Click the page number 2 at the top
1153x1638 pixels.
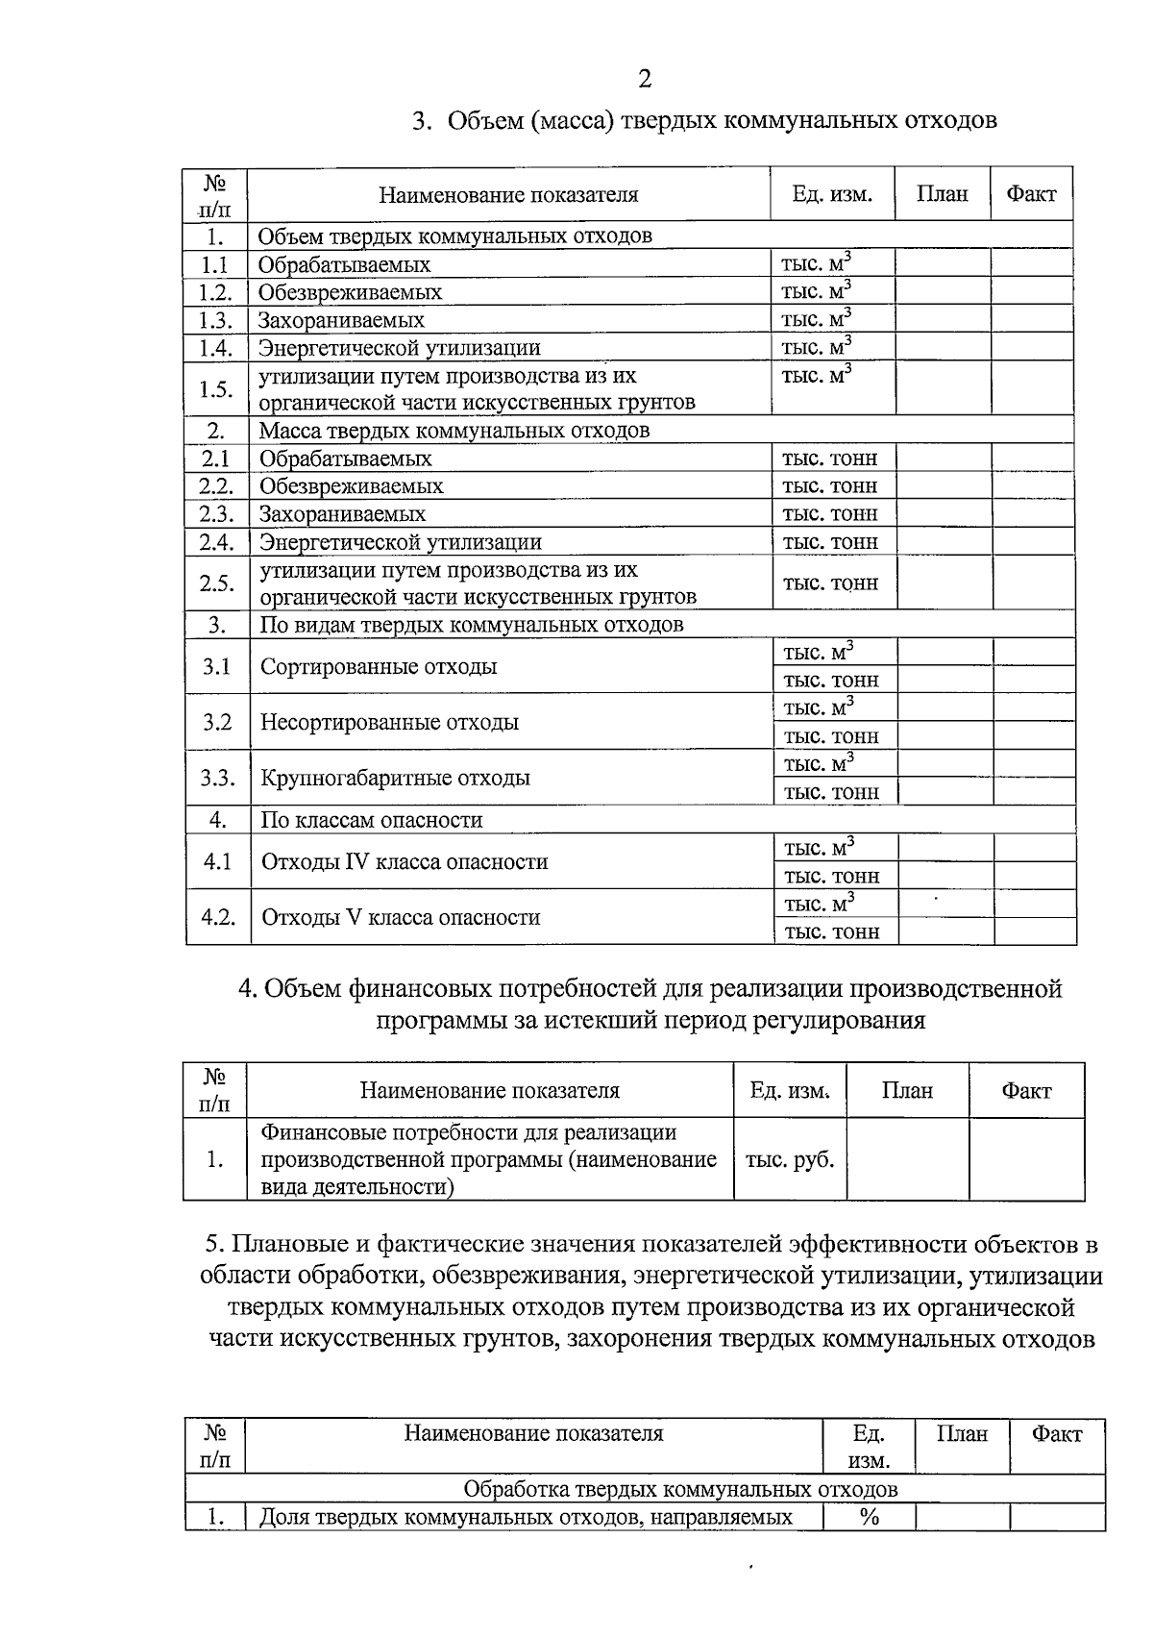pos(644,79)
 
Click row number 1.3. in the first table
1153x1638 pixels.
pos(216,320)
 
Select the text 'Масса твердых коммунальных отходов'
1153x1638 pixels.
pos(454,430)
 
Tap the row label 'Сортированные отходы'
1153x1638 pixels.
pos(379,666)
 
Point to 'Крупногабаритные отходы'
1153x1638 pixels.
pos(395,778)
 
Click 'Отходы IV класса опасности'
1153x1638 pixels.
pos(405,861)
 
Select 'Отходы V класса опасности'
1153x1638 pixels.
pos(401,917)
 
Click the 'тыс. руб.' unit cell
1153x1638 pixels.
pos(790,1159)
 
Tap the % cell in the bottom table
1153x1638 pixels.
pos(870,1517)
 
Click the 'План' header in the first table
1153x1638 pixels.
pos(942,194)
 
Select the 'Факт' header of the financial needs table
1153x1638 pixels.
pos(1025,1090)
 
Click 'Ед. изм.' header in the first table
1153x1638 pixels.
pos(832,194)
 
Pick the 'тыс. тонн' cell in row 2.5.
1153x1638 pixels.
pos(830,583)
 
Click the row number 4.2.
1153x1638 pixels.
pos(218,917)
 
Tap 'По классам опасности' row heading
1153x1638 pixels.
pos(371,820)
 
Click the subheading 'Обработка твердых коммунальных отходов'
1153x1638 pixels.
pos(680,1489)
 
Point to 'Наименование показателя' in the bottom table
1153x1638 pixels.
pos(533,1433)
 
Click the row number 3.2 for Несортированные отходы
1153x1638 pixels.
pos(217,722)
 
